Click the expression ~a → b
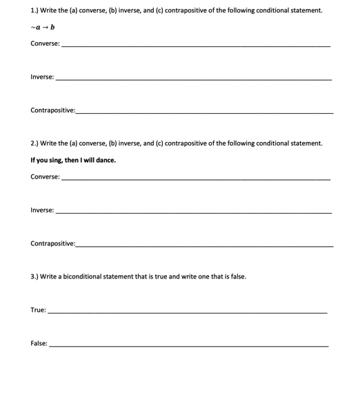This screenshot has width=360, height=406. click(x=43, y=27)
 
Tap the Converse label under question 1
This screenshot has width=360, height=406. click(x=44, y=43)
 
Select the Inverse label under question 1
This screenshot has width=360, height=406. click(x=41, y=77)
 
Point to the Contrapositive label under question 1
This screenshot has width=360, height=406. click(x=52, y=110)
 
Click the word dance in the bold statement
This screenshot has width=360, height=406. click(x=105, y=160)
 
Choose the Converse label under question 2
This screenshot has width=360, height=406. click(x=44, y=177)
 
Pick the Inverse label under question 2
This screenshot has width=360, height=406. click(x=41, y=210)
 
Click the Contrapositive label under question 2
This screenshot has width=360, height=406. click(x=52, y=243)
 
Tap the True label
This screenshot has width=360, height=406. click(x=37, y=309)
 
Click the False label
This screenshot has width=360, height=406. click(x=38, y=343)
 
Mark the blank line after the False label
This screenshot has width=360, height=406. click(x=189, y=345)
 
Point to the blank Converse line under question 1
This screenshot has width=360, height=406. click(x=196, y=46)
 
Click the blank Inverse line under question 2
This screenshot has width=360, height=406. click(x=193, y=213)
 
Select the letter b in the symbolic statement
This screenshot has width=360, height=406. click(x=52, y=27)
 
